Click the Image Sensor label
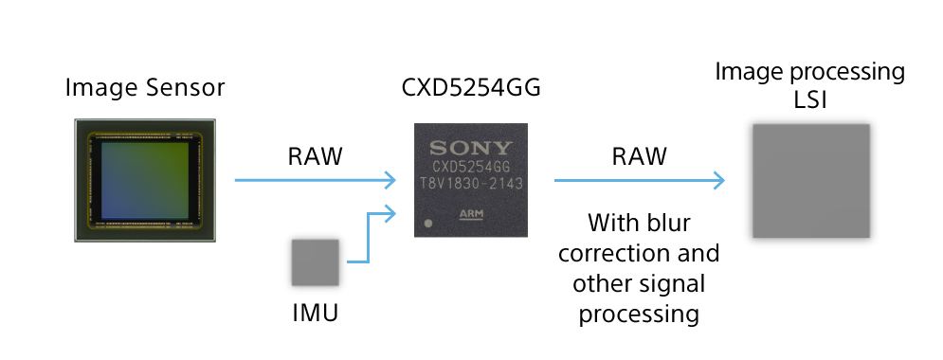(145, 89)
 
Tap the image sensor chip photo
(145, 181)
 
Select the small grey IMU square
(316, 262)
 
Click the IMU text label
(315, 313)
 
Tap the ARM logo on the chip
(471, 215)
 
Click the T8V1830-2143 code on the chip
(471, 182)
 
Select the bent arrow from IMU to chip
(369, 237)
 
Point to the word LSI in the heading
(810, 99)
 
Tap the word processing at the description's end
(640, 314)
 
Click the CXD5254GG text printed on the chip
(471, 166)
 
